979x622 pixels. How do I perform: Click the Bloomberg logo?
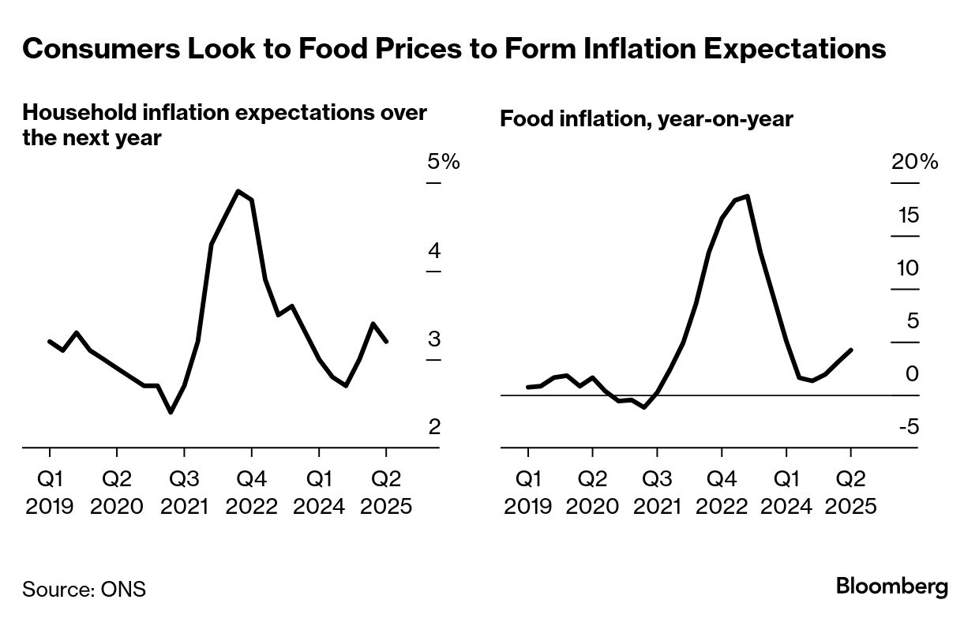point(891,587)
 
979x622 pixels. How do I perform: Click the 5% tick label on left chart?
point(442,163)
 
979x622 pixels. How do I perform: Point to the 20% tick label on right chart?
point(914,163)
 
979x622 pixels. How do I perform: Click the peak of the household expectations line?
point(238,191)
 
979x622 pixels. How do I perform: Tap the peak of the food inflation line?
point(747,196)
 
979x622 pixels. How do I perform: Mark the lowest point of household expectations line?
point(171,412)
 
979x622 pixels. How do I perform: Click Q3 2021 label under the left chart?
point(184,493)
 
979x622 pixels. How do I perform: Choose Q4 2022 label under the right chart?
point(721,493)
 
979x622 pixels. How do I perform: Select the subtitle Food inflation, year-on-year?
point(647,119)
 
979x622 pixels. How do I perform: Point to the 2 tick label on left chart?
point(434,427)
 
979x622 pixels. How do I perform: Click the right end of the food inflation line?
point(850,350)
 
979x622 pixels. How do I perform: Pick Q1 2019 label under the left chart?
point(50,493)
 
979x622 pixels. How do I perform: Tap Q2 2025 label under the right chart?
point(850,493)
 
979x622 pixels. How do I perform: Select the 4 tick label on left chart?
point(434,251)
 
